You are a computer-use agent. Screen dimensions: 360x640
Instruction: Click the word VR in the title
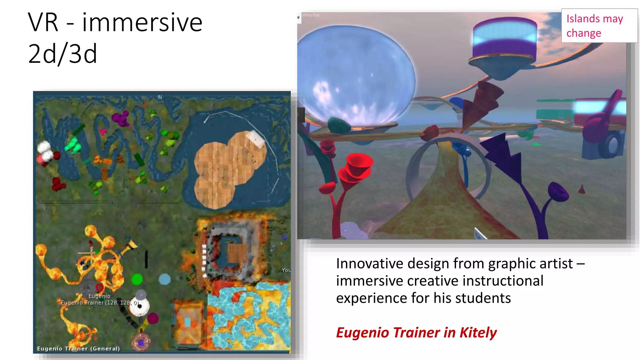coord(43,22)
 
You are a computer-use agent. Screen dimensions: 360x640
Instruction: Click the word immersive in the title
coord(142,22)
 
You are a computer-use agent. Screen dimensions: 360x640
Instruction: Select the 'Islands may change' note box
coord(599,26)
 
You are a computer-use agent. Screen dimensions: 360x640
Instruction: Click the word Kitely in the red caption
coord(478,332)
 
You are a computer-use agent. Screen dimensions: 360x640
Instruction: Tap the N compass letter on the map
coord(160,97)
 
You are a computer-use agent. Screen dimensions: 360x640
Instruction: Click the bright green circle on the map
coord(137,279)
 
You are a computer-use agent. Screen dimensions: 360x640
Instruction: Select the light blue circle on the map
coord(164,279)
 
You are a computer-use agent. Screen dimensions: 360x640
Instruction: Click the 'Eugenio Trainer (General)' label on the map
coord(78,348)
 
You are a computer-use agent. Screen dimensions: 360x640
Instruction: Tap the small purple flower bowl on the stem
coord(558,192)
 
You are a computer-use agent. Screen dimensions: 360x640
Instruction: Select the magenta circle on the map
coord(153,318)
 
